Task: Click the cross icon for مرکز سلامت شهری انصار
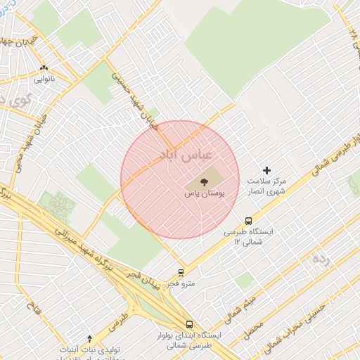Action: (266, 170)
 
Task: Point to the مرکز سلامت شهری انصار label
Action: (266, 186)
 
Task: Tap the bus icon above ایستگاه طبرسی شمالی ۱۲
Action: (248, 221)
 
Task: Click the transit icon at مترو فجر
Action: (181, 273)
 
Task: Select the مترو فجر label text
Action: (181, 284)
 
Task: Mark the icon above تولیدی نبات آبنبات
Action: (89, 338)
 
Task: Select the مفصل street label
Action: (255, 328)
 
